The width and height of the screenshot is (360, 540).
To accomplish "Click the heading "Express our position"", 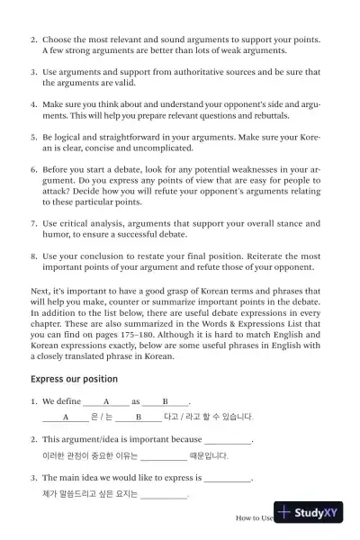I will (74, 379).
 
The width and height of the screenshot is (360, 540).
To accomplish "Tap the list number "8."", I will (34, 256).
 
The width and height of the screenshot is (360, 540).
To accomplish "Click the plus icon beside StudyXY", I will (286, 512).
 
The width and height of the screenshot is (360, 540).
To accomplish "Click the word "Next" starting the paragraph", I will (40, 291).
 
